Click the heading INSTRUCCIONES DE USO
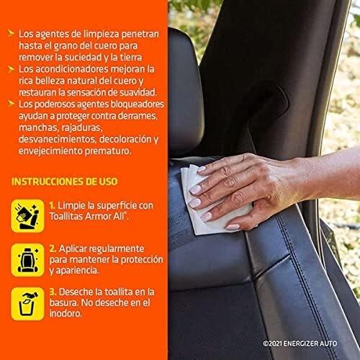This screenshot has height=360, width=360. click(65, 181)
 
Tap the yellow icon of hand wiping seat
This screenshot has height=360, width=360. click(27, 216)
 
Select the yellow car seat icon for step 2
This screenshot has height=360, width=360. click(27, 260)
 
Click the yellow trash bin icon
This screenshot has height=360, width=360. click(27, 304)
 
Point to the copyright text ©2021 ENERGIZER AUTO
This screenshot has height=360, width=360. click(300, 343)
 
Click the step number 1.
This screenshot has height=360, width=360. click(52, 206)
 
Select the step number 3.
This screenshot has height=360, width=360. click(53, 292)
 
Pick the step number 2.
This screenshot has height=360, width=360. click(53, 248)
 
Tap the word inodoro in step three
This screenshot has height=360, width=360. click(66, 313)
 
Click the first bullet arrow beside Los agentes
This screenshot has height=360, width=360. click(11, 33)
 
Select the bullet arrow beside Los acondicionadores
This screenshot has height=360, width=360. click(11, 69)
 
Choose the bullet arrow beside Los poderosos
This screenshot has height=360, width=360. click(11, 104)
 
